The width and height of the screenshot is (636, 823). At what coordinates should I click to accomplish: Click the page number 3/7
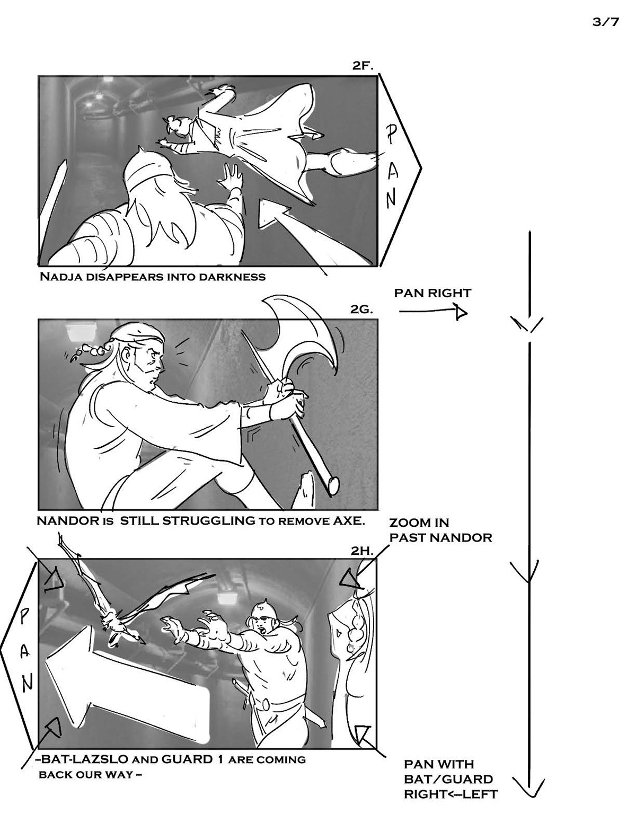605,22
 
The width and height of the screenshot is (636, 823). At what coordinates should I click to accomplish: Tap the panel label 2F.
363,66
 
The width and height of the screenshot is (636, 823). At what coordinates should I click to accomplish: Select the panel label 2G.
361,309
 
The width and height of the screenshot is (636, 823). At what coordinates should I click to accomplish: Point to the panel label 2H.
362,551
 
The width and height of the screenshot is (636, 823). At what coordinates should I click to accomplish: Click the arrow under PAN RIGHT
433,312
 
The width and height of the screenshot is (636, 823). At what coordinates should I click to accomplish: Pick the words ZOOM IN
419,523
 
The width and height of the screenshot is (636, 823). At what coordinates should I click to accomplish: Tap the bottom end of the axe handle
333,485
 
